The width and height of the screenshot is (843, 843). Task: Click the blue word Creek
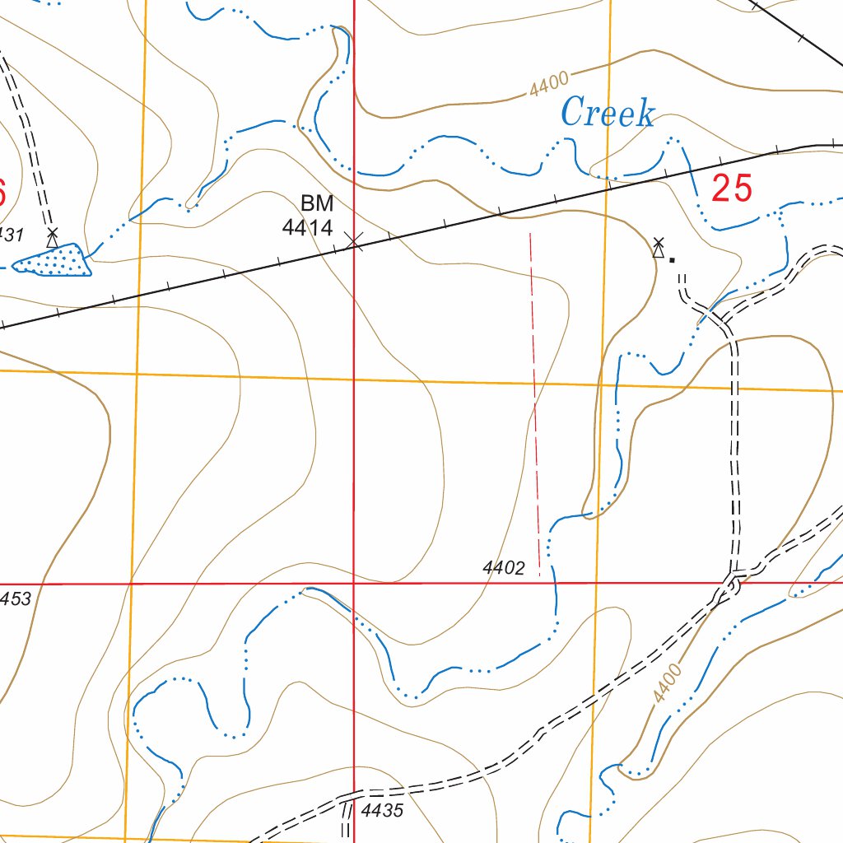[x=608, y=113]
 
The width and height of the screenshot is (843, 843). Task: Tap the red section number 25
[x=732, y=189]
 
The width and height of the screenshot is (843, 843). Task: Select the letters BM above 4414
[x=317, y=203]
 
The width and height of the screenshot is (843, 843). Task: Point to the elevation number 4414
[x=307, y=228]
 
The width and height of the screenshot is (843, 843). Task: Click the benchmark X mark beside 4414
[x=354, y=240]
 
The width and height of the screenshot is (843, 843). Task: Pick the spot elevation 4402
[x=504, y=567]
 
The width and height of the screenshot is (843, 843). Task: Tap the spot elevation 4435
[x=382, y=811]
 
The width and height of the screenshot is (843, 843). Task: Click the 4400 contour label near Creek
[x=549, y=84]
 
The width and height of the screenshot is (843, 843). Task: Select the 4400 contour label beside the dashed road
[x=668, y=683]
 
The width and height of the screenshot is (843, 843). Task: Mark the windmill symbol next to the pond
[x=53, y=238]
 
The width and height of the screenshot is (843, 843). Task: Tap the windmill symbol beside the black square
[x=658, y=247]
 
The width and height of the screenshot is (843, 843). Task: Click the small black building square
[x=672, y=259]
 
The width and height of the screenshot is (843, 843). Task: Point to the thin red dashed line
[x=535, y=403]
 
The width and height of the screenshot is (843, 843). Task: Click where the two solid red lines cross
[x=354, y=583]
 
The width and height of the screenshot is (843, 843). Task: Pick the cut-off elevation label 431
[x=12, y=235]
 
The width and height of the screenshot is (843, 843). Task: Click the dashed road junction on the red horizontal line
[x=733, y=580]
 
